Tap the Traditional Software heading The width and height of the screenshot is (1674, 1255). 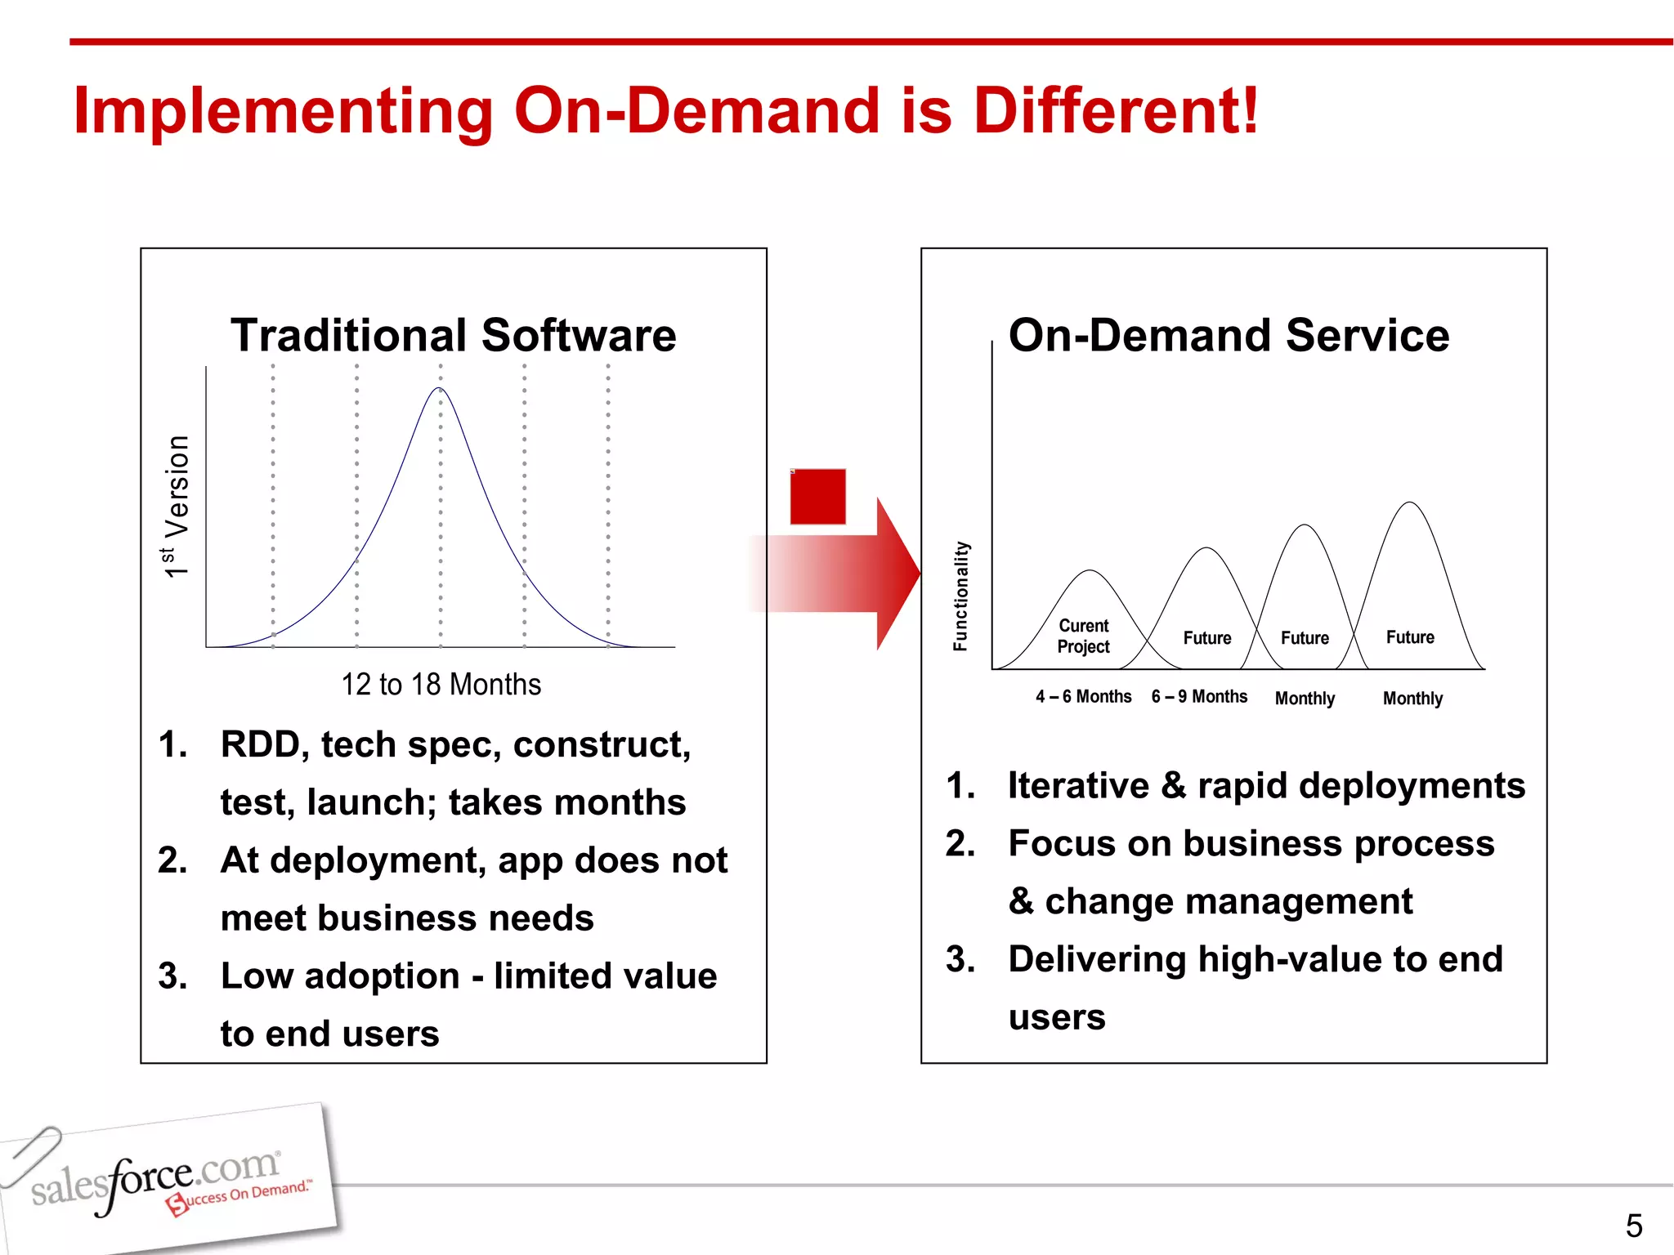[x=454, y=335]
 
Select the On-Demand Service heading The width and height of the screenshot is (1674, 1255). [x=1229, y=335]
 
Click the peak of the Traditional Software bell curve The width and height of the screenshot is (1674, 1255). [x=440, y=390]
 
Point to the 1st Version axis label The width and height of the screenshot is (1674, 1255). [x=177, y=507]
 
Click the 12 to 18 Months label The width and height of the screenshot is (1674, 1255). [x=441, y=685]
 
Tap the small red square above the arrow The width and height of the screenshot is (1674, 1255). [x=817, y=496]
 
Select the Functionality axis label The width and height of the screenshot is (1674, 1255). [x=961, y=596]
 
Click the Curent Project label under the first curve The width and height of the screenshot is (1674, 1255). [x=1084, y=636]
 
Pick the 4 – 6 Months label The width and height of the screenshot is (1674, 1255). [x=1083, y=697]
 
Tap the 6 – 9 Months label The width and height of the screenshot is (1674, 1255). [x=1199, y=697]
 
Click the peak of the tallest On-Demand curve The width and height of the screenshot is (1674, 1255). [x=1410, y=504]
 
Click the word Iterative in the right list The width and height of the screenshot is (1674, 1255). [x=1078, y=786]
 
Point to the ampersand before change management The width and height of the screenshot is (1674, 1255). [x=1021, y=902]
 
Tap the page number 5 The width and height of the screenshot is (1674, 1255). [x=1633, y=1226]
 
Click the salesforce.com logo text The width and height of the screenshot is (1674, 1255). [x=155, y=1179]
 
